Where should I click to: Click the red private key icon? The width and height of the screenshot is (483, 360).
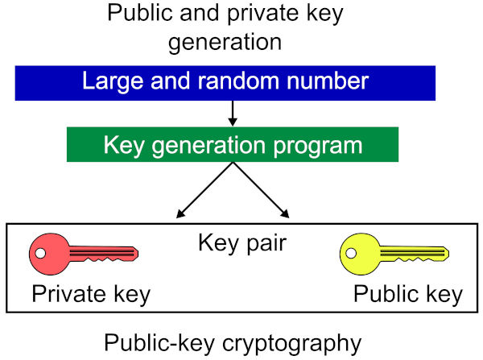80,254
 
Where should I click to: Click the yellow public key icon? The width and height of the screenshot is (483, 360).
393,254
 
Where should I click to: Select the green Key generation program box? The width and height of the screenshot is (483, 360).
232,145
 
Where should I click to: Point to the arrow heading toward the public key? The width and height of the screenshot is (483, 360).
262,190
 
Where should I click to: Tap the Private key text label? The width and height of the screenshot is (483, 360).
91,295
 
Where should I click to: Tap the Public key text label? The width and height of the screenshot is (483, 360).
408,295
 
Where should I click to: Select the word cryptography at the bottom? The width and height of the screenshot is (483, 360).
291,343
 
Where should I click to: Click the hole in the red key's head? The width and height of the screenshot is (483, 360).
39,254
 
